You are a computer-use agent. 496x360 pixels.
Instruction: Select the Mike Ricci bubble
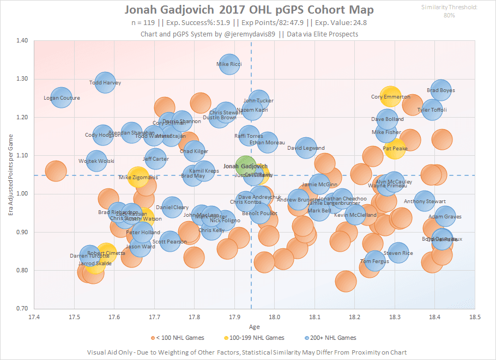(229, 64)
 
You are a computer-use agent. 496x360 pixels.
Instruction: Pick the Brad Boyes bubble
(441, 90)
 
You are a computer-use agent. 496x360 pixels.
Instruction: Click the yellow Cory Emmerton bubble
(391, 97)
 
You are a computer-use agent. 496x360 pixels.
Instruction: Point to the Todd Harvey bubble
(105, 83)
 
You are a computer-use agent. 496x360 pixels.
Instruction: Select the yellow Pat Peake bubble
(395, 148)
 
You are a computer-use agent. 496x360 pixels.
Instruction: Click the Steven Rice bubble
(398, 253)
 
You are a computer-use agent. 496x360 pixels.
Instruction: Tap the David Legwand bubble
(306, 148)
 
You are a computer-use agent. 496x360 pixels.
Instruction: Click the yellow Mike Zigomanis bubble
(138, 177)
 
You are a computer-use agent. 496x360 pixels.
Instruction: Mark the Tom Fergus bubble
(374, 261)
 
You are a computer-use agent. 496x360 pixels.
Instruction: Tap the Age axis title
(254, 327)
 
